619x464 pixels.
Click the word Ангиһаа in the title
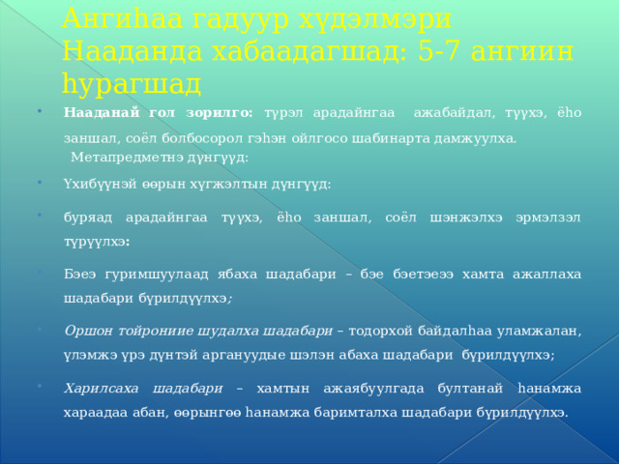coord(123,18)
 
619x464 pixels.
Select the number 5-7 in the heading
coord(438,51)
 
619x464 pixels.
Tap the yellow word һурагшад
coord(132,85)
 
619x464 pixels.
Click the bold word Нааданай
coord(102,112)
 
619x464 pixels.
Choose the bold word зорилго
coord(220,113)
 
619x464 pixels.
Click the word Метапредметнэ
coord(127,158)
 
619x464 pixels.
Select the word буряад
coord(88,217)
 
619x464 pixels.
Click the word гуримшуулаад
coord(157,275)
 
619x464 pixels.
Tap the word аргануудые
coord(244,355)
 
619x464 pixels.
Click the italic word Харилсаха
coord(101,389)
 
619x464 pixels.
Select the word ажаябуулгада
coord(373,389)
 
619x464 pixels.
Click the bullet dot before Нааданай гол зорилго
coord(39,111)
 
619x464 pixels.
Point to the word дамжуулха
coord(475,139)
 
